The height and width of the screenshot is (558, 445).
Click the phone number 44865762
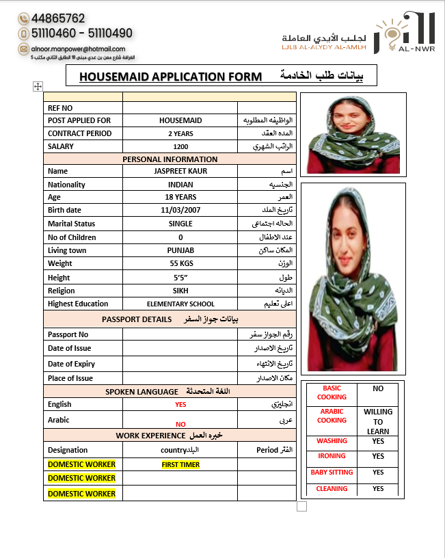(58, 18)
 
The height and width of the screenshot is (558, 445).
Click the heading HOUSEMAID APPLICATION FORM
(170, 77)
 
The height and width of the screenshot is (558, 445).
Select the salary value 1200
(180, 146)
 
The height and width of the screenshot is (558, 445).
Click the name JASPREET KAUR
(180, 171)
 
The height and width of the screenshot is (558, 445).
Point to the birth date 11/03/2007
(180, 211)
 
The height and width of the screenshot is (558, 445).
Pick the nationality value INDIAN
(180, 185)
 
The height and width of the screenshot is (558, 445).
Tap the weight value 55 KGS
(180, 263)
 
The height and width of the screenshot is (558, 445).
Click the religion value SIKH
(180, 291)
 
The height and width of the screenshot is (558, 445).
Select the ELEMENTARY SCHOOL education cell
(180, 304)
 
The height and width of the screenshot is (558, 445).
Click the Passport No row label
(68, 334)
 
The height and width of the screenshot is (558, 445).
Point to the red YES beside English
(180, 405)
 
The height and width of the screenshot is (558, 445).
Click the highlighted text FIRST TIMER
(180, 464)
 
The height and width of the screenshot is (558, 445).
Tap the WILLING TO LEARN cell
(378, 421)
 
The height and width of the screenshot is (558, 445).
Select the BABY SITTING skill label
(332, 473)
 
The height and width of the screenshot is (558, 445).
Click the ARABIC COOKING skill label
(332, 416)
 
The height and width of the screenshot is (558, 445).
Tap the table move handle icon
(38, 86)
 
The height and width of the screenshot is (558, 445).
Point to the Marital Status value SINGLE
(180, 224)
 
